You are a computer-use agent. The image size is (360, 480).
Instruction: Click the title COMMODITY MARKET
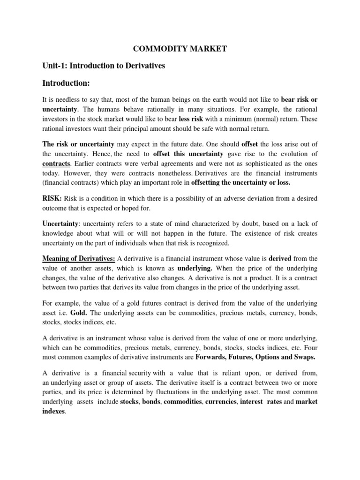180,49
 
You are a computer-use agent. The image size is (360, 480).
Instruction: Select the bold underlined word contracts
56,164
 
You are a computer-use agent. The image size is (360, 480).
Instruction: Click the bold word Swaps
303,357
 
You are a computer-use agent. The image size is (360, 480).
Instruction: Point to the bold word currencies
221,402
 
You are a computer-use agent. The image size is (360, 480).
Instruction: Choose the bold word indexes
54,412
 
